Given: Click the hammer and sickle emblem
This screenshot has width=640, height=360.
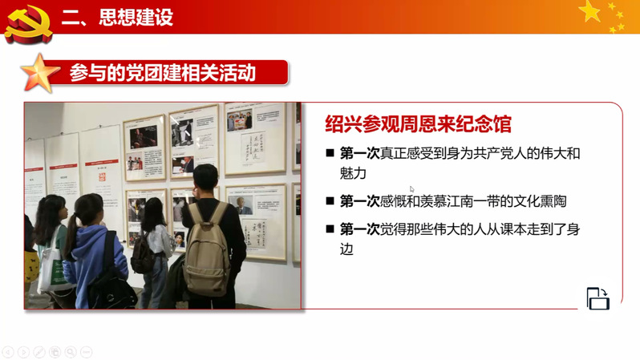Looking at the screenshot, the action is [x=28, y=24].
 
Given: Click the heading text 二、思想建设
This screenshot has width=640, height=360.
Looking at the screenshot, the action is [x=118, y=18].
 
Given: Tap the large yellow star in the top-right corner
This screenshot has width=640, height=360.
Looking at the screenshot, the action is [x=589, y=11].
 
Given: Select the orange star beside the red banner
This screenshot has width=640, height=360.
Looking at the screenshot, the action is [x=39, y=74].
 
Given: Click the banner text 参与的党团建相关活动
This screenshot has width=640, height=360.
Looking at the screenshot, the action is [x=163, y=73].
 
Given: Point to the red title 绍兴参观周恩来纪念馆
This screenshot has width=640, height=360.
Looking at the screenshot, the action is [x=418, y=124].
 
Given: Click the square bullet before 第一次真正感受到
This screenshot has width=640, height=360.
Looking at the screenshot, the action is [x=330, y=153].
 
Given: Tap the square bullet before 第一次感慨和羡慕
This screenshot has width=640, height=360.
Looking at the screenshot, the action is [x=330, y=200].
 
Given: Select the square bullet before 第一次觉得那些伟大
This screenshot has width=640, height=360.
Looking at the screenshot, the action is [x=330, y=229].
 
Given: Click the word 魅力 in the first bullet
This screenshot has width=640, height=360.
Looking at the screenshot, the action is [x=353, y=173].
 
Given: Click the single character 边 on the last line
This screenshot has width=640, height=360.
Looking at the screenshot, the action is [x=346, y=249].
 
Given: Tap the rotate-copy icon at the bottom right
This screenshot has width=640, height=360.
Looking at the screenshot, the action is [x=598, y=299].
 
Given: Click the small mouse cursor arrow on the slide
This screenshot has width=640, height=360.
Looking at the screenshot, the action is [x=412, y=189].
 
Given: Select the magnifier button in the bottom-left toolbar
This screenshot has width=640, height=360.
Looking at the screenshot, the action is [x=71, y=352].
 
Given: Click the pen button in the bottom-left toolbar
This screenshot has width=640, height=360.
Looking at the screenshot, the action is [x=39, y=352].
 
